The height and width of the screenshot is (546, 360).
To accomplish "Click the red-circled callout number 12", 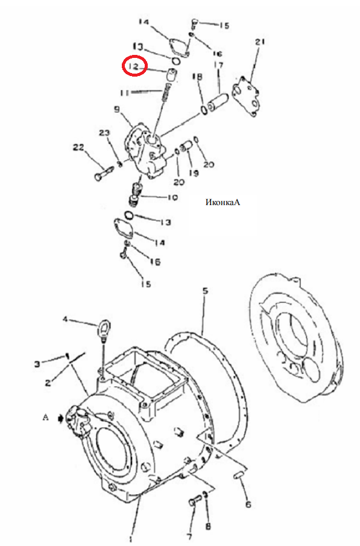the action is [134, 66].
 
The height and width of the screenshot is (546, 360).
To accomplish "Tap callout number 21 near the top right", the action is [260, 42].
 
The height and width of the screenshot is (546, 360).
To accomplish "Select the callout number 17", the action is [219, 65].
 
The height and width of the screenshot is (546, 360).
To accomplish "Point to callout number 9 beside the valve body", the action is [116, 110].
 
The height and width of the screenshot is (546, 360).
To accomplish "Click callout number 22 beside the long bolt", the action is [78, 147].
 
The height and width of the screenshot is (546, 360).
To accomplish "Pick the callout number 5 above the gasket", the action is [206, 290].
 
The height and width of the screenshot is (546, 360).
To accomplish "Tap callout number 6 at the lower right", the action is [248, 504].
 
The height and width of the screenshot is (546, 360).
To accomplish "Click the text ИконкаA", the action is [223, 202].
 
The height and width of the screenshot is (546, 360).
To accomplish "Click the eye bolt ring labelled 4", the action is [103, 326].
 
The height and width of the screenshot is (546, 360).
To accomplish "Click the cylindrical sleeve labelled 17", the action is [217, 101].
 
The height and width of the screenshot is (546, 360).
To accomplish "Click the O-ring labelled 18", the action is [204, 109].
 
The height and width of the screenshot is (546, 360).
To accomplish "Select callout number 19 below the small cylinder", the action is [194, 173].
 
